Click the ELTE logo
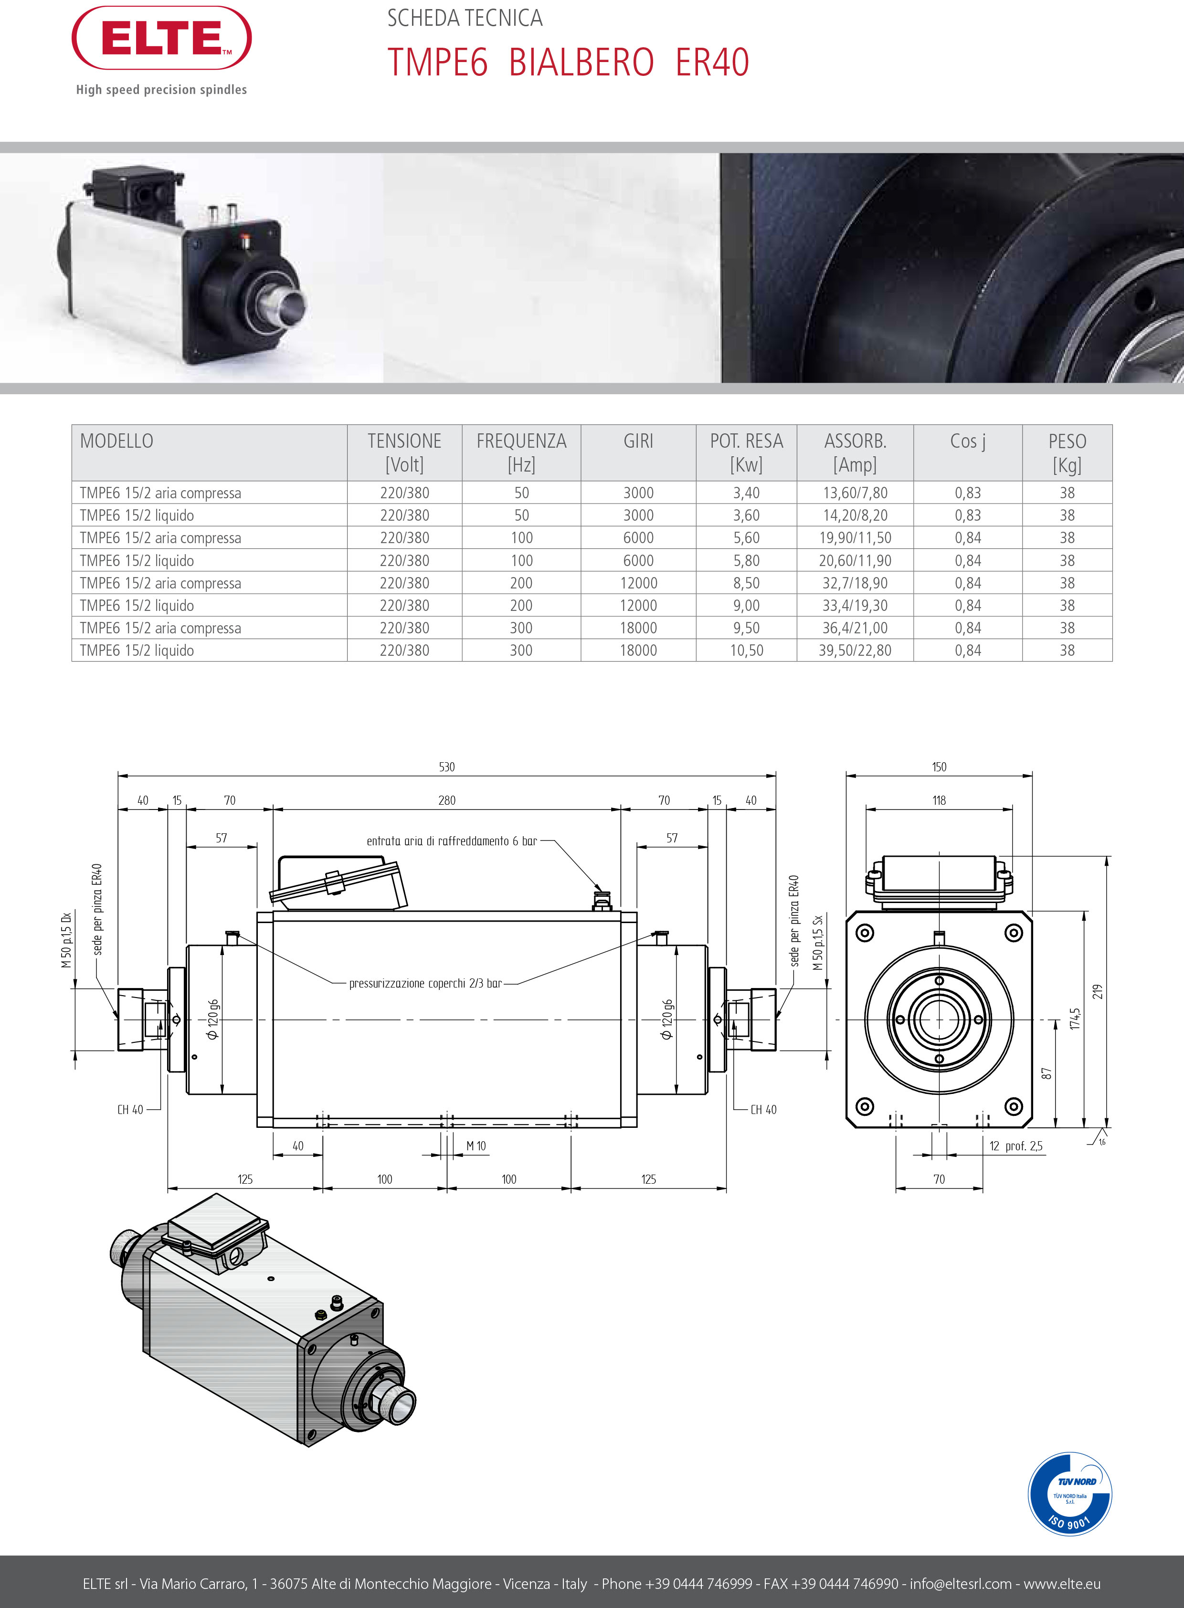[161, 38]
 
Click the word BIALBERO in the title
[581, 63]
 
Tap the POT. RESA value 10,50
[746, 651]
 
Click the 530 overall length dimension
[446, 767]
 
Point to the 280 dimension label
[446, 800]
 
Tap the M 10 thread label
[476, 1146]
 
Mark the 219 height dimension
[1097, 992]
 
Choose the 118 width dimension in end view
[939, 800]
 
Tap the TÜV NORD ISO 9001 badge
[1069, 1493]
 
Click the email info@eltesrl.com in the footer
[961, 1584]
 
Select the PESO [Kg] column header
[1067, 452]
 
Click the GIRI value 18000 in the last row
[638, 651]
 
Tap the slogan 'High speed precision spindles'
[161, 90]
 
